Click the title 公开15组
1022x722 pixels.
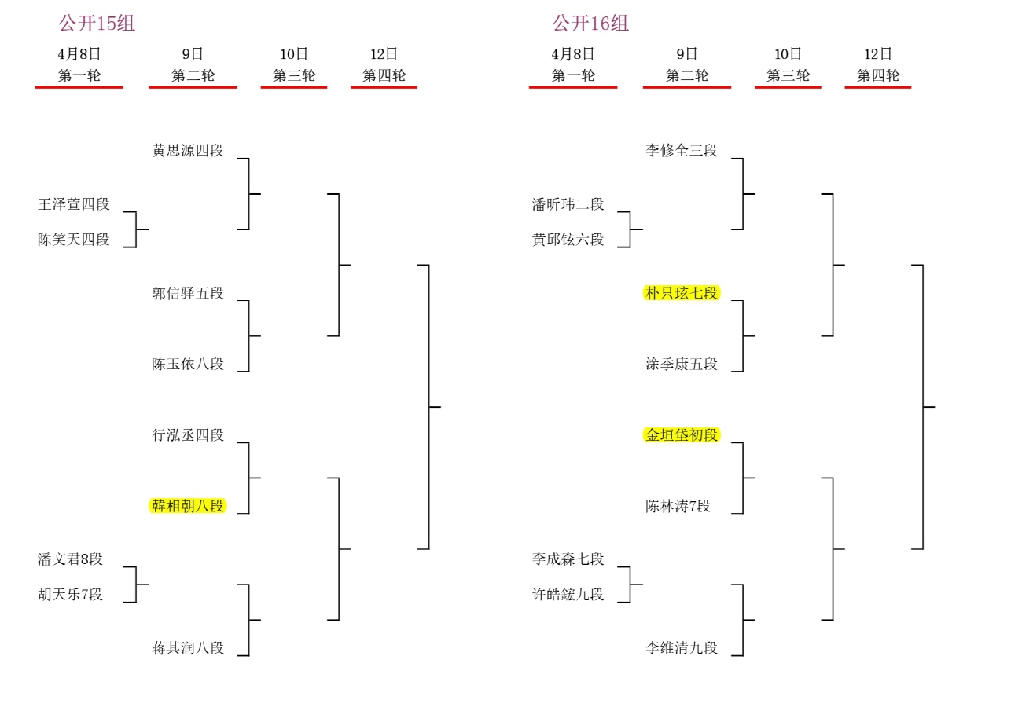(97, 24)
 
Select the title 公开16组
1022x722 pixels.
(590, 24)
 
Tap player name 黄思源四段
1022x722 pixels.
(188, 150)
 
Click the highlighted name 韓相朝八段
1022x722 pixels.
(188, 506)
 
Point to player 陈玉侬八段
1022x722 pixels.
(188, 364)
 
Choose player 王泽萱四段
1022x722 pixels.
(74, 204)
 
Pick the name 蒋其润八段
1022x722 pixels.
(188, 648)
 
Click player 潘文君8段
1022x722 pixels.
(71, 559)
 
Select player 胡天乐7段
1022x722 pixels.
(71, 595)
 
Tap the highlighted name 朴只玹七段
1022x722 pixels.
(682, 293)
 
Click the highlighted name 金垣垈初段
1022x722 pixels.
(682, 435)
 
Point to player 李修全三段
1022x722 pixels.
(682, 150)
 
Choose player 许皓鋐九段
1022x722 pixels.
(568, 595)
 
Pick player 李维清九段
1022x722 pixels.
(682, 648)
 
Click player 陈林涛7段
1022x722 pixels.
(678, 506)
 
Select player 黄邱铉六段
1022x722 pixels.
(568, 240)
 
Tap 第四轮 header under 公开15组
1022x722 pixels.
(384, 76)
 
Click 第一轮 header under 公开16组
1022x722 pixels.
(573, 76)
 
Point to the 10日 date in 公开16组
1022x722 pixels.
(788, 54)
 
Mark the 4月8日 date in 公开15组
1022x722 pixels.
(79, 54)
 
